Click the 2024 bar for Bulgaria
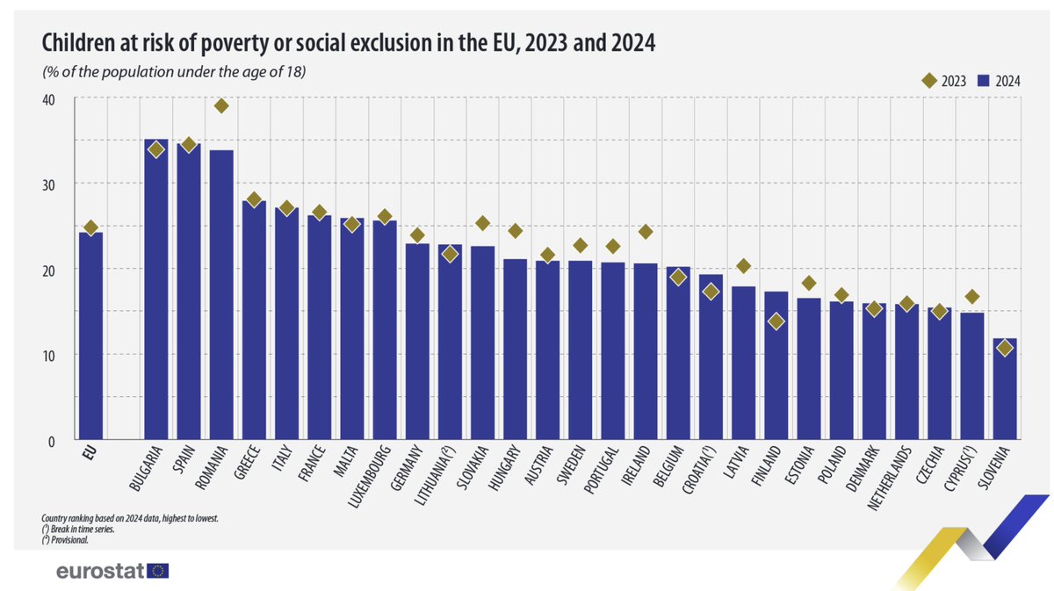[155, 290]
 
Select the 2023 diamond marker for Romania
[221, 105]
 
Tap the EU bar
[90, 334]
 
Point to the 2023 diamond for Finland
[776, 321]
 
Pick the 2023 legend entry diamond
[928, 81]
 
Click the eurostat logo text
[99, 571]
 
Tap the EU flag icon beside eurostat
[159, 571]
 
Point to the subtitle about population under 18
[173, 72]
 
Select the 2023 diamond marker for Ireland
[645, 232]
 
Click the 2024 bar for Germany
[417, 342]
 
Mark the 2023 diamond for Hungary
[516, 231]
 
